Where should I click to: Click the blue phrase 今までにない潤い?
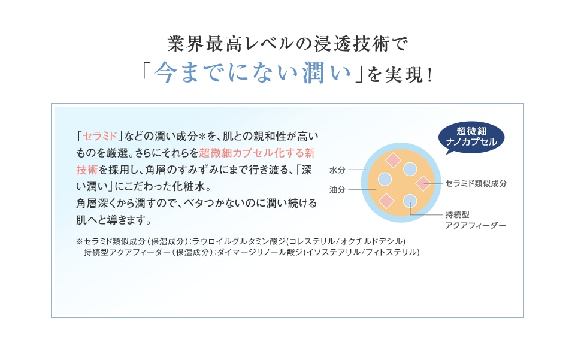252,73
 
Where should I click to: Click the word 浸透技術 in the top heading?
352,44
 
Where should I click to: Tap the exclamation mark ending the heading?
430,75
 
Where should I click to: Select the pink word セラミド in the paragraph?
100,136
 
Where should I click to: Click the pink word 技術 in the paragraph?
87,170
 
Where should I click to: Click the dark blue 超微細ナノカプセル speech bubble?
471,137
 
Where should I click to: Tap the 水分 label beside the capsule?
337,170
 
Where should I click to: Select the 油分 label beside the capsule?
337,189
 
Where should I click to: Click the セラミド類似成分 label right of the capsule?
476,184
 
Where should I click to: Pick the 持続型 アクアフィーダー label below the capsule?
476,220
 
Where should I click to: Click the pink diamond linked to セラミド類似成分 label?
423,183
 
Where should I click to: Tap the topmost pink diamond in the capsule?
393,160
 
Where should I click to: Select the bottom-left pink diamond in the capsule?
386,201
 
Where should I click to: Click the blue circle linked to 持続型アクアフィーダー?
410,201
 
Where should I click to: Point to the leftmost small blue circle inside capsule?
385,179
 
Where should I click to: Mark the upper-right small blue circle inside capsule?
410,169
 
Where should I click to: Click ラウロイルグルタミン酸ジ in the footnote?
239,241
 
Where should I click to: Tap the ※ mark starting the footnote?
80,241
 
